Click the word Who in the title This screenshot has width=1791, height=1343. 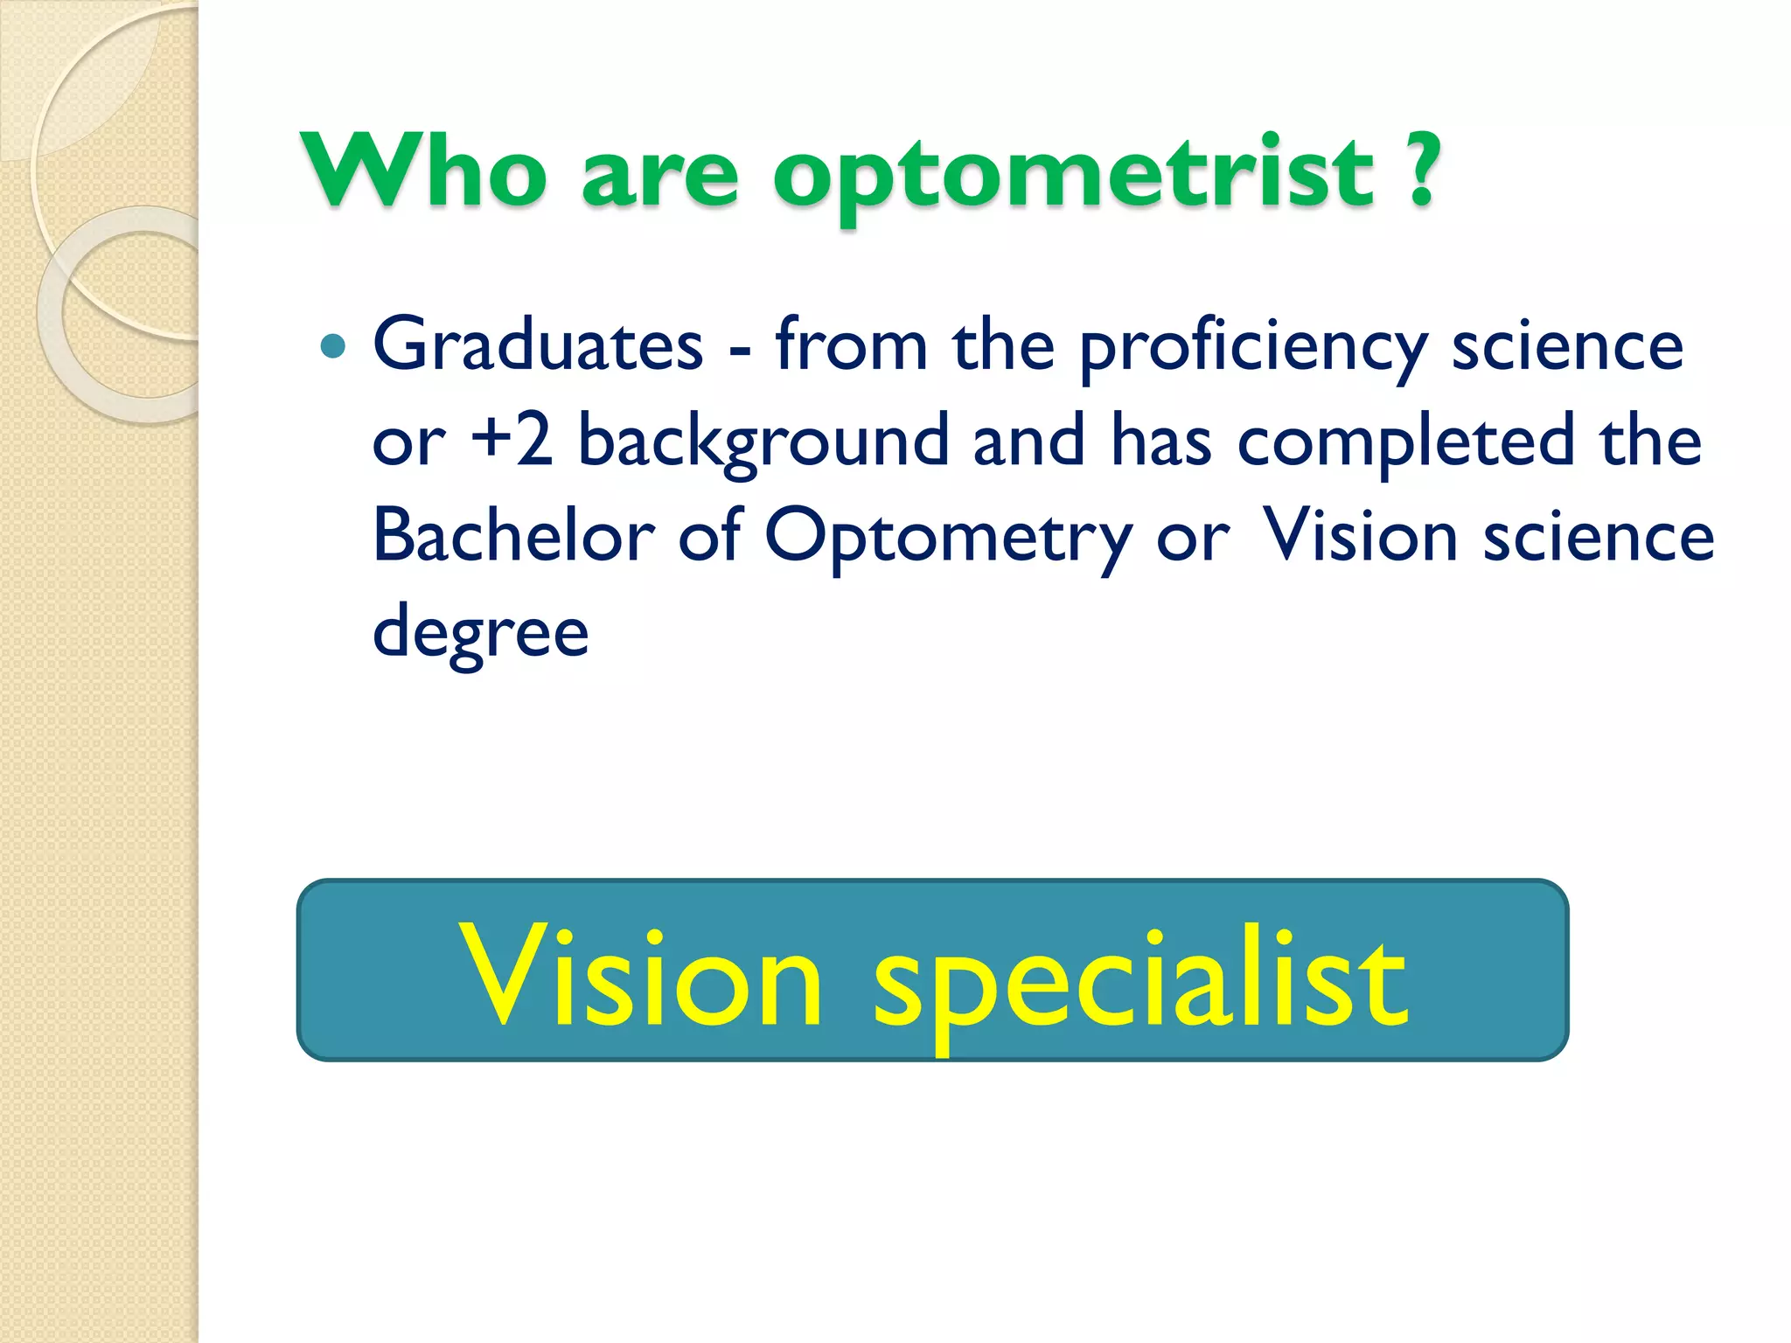coord(424,171)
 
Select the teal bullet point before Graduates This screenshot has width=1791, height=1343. coord(333,347)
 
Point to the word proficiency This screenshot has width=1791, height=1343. coord(1253,349)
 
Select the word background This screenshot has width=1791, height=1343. coord(763,442)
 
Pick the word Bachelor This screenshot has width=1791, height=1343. coord(513,535)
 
